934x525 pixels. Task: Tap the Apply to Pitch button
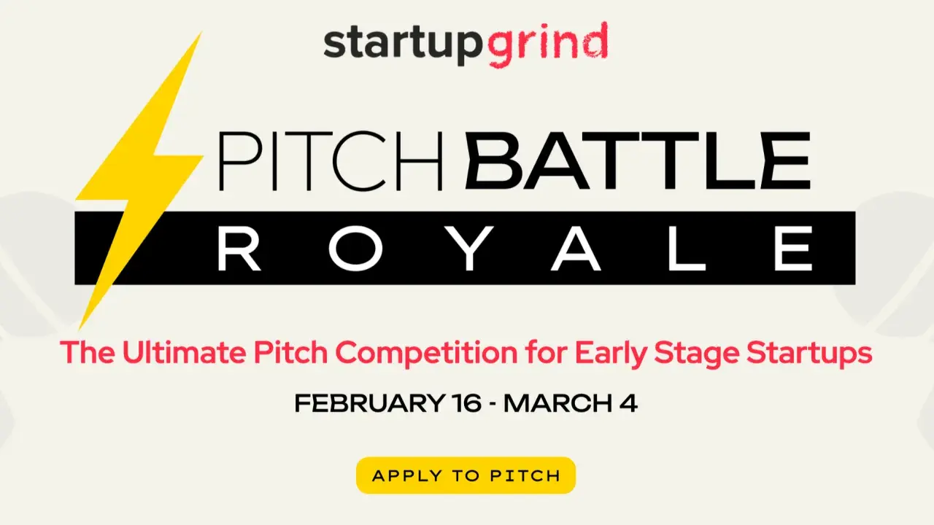click(466, 475)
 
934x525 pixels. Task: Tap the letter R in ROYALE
click(239, 249)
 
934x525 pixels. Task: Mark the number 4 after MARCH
click(629, 404)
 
